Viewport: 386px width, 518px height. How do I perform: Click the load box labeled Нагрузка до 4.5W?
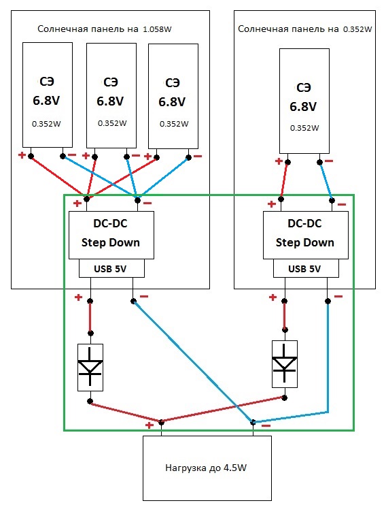pyautogui.click(x=207, y=468)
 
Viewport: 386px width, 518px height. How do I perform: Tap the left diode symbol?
pyautogui.click(x=90, y=368)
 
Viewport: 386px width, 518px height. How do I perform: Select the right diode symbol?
pyautogui.click(x=284, y=364)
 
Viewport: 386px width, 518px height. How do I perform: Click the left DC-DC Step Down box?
pyautogui.click(x=111, y=235)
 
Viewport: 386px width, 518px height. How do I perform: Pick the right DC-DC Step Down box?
pyautogui.click(x=306, y=235)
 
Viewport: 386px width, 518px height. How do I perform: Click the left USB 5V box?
pyautogui.click(x=111, y=268)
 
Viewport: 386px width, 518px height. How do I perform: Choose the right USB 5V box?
pyautogui.click(x=306, y=268)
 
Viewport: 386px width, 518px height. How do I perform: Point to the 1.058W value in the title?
pyautogui.click(x=157, y=29)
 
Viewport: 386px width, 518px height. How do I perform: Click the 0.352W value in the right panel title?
pyautogui.click(x=357, y=29)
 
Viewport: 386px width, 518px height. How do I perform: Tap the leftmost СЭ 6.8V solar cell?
pyautogui.click(x=47, y=95)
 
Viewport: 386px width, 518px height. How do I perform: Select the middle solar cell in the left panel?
pyautogui.click(x=111, y=95)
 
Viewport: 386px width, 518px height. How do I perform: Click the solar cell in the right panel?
pyautogui.click(x=304, y=101)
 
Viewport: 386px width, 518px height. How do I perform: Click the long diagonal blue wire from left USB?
pyautogui.click(x=193, y=361)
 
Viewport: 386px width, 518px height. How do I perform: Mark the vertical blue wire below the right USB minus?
pyautogui.click(x=328, y=357)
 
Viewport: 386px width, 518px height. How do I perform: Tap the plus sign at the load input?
pyautogui.click(x=150, y=425)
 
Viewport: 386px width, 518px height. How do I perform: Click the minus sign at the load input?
pyautogui.click(x=266, y=426)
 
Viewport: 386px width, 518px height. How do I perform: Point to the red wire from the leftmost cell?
pyautogui.click(x=58, y=178)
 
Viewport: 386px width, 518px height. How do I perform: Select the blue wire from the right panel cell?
pyautogui.click(x=326, y=181)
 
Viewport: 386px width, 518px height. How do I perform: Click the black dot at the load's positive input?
pyautogui.click(x=161, y=422)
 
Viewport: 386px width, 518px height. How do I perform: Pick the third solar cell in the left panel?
pyautogui.click(x=173, y=96)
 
